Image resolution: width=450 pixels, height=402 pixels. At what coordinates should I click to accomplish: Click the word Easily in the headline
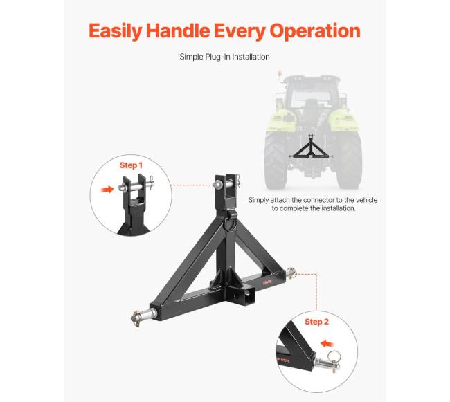(116, 31)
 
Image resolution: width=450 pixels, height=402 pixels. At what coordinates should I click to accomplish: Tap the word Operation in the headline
(315, 31)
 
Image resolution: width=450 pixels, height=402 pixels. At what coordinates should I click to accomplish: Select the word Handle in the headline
(178, 30)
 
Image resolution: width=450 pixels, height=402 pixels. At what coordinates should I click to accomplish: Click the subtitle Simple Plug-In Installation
(224, 57)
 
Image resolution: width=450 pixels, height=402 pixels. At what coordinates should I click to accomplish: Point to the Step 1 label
(131, 165)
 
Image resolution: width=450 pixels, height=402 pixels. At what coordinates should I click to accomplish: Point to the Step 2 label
(316, 322)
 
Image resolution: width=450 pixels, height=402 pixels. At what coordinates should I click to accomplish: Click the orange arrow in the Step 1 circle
(107, 190)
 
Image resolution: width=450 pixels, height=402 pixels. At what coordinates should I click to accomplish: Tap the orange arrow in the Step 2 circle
(327, 343)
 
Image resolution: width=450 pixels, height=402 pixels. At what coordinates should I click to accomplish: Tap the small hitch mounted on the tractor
(311, 149)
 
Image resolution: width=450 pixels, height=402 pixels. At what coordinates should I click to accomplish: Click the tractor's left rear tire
(276, 161)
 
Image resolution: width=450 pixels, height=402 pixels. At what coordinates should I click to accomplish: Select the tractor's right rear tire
(348, 161)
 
